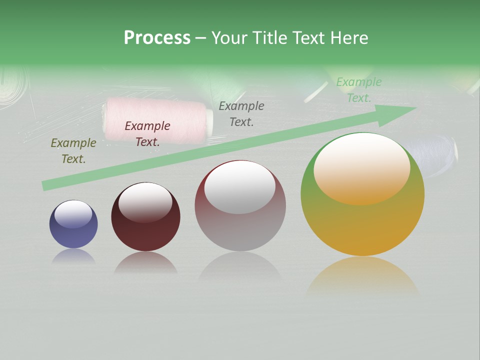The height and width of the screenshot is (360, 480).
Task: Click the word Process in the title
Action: (x=157, y=37)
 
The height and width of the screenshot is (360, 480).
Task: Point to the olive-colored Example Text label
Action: (x=73, y=151)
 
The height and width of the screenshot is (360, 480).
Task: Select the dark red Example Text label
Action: (x=147, y=134)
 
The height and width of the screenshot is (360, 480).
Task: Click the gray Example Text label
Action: (x=241, y=114)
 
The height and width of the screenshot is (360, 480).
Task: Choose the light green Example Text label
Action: (x=359, y=90)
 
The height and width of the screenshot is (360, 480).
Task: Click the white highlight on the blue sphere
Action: (x=73, y=214)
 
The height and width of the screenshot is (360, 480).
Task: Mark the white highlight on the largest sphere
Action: (x=361, y=167)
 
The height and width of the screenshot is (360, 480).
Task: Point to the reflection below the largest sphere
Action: (x=362, y=277)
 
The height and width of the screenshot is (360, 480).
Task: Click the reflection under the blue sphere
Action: (x=73, y=256)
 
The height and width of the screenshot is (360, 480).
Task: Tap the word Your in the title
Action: (x=230, y=37)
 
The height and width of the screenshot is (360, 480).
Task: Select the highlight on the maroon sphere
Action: (x=145, y=201)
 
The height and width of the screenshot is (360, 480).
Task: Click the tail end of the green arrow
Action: (x=46, y=185)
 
